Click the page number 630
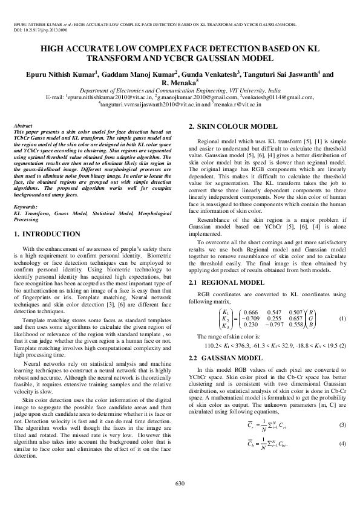[180, 482]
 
